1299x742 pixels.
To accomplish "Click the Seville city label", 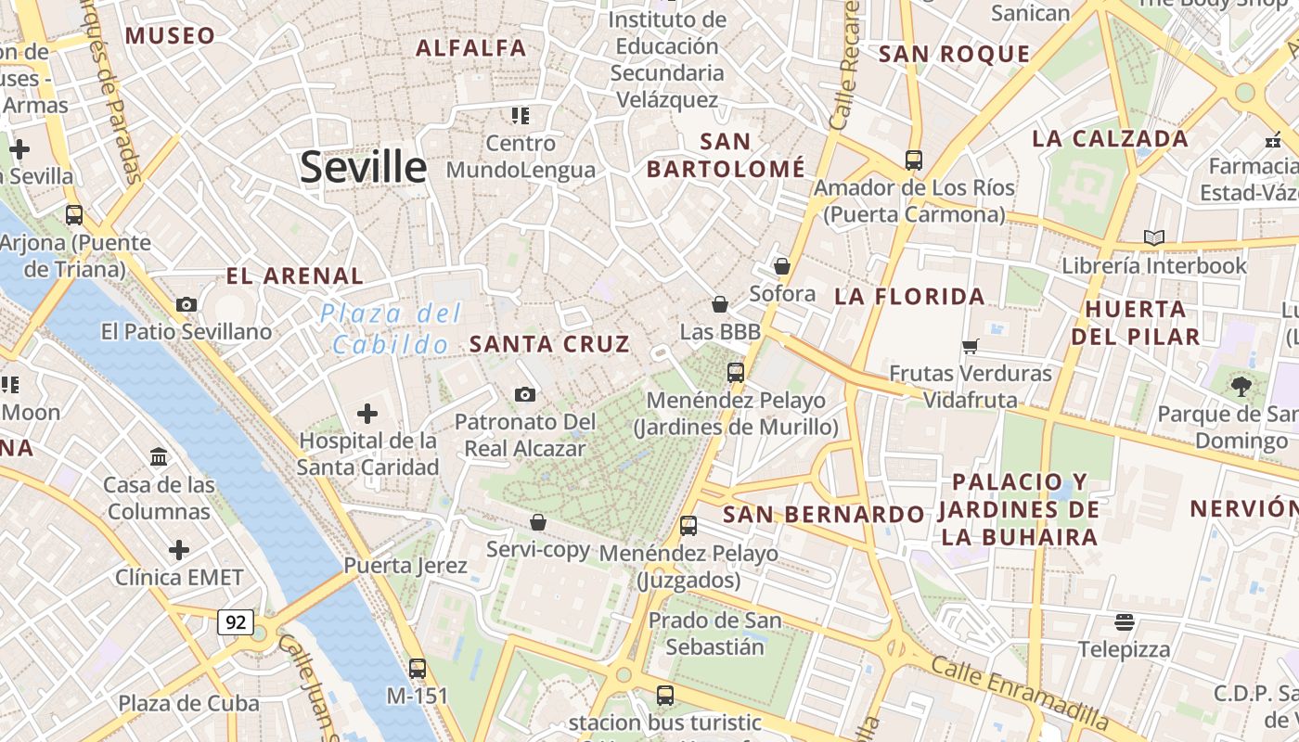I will pyautogui.click(x=363, y=168).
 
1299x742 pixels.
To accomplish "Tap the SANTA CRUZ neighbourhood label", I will pyautogui.click(x=549, y=344).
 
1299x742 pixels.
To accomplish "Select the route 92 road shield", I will pyautogui.click(x=236, y=622).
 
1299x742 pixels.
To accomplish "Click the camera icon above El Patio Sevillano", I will pyautogui.click(x=186, y=304).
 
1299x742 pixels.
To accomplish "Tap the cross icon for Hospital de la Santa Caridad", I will pyautogui.click(x=367, y=413).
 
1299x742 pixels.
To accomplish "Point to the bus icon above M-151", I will pyautogui.click(x=418, y=668).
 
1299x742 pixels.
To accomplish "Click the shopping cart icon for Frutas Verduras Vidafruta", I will pyautogui.click(x=970, y=346).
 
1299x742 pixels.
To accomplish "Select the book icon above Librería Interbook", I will pyautogui.click(x=1153, y=238).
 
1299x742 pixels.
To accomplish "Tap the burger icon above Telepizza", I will pyautogui.click(x=1124, y=621).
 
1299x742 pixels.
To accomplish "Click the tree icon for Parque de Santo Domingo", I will pyautogui.click(x=1241, y=386).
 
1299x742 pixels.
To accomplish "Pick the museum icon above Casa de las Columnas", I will pyautogui.click(x=159, y=456).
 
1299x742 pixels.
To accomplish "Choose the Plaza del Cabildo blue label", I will pyautogui.click(x=391, y=329).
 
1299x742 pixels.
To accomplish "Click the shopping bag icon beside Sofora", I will pyautogui.click(x=781, y=266).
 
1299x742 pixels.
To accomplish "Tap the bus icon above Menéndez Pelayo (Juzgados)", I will pyautogui.click(x=688, y=526).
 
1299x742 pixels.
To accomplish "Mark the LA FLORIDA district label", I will pyautogui.click(x=909, y=297).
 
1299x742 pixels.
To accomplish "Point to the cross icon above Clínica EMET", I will pyautogui.click(x=179, y=550).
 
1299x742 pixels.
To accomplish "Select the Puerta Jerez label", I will pyautogui.click(x=405, y=565).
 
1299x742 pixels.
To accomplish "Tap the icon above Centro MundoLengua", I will pyautogui.click(x=520, y=116).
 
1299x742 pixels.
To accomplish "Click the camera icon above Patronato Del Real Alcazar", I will pyautogui.click(x=524, y=395).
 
